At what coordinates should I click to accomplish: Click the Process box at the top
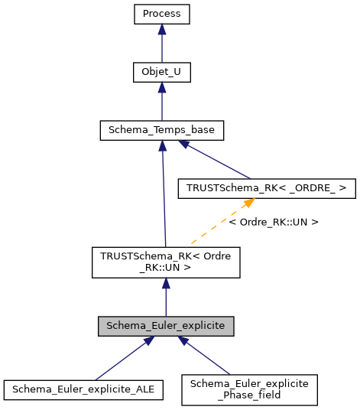161,15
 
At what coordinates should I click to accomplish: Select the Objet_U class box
161,73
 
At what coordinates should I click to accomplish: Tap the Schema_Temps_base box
161,131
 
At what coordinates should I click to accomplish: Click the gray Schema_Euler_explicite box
166,326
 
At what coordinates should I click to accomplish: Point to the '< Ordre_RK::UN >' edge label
274,222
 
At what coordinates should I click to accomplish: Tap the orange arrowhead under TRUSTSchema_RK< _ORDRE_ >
248,203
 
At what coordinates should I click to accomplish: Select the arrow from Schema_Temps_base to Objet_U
161,102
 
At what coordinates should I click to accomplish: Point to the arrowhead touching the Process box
161,30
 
